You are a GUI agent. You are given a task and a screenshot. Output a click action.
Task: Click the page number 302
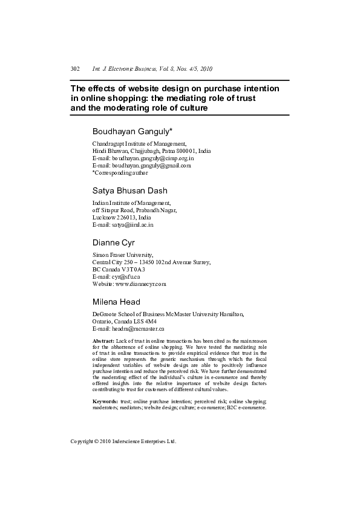(x=76, y=69)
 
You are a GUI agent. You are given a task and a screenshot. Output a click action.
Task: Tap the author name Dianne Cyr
(x=111, y=242)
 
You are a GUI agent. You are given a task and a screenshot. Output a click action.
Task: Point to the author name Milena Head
(x=116, y=302)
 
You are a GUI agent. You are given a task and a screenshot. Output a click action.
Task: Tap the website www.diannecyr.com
(x=141, y=284)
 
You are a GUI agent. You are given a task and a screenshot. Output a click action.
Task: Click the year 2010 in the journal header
(x=205, y=69)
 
